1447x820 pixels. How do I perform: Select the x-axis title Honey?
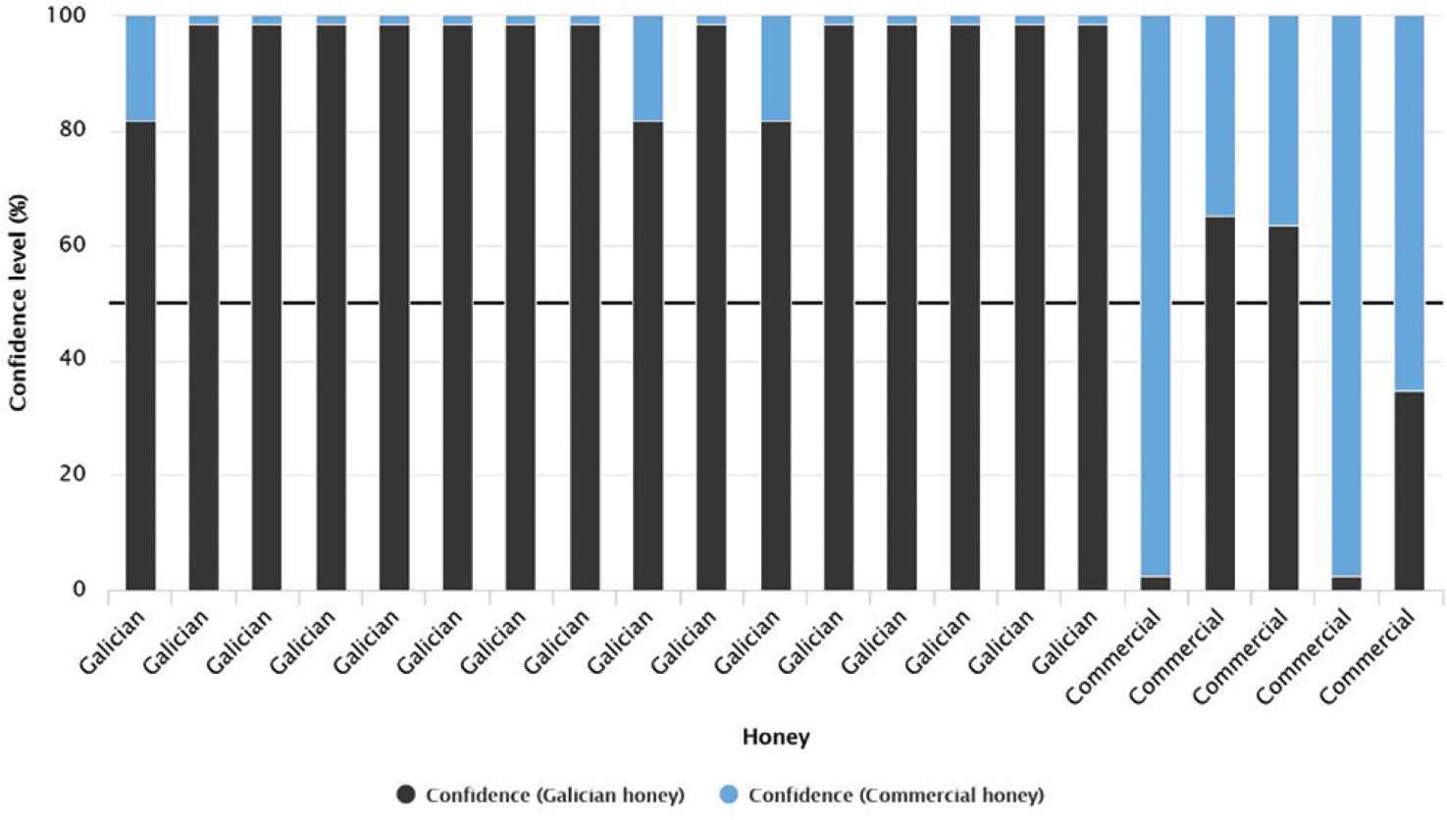(x=775, y=737)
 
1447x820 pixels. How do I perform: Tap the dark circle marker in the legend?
(x=406, y=794)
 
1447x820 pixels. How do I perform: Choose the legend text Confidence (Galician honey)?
(x=554, y=794)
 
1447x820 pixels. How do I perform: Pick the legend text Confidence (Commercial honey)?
(x=895, y=794)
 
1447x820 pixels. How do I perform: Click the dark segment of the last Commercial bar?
(x=1409, y=490)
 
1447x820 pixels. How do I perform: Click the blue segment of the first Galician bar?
(x=141, y=68)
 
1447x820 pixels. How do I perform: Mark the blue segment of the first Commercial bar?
(x=1156, y=294)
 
